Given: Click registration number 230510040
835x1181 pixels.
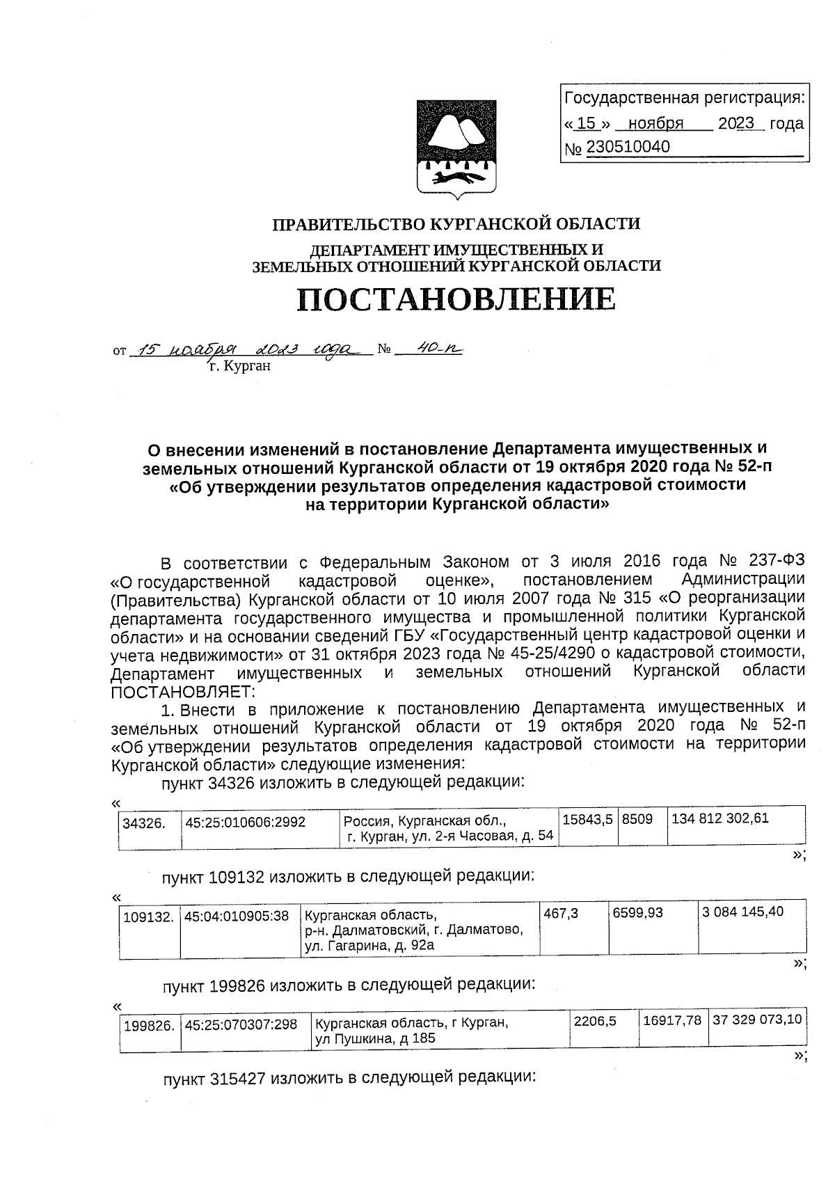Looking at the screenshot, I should click(628, 147).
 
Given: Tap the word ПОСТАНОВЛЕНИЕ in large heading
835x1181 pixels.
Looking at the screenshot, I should click(456, 299).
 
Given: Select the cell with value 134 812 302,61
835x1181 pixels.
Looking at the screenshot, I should click(720, 818).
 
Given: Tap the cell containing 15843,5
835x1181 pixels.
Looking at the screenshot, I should click(587, 820).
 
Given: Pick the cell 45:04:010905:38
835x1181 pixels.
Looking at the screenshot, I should click(237, 917).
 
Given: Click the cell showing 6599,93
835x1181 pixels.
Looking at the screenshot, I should click(637, 912).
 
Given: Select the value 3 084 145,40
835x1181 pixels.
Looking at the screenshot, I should click(743, 912).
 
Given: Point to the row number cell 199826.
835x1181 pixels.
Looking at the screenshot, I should click(148, 1026).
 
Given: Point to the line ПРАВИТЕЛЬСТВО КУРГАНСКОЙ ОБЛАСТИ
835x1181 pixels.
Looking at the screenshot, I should click(456, 224).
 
